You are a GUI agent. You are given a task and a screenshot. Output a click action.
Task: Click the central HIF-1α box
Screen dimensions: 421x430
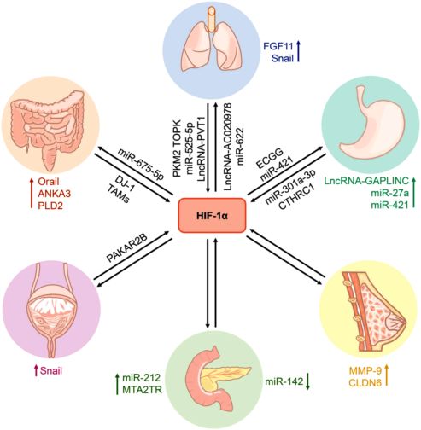(x=212, y=215)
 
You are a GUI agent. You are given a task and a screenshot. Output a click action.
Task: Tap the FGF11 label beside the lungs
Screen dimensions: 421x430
(x=278, y=46)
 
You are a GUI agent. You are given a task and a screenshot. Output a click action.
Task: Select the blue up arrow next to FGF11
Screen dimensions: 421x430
(x=298, y=51)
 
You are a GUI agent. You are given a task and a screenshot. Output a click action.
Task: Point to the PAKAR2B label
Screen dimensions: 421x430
(x=127, y=248)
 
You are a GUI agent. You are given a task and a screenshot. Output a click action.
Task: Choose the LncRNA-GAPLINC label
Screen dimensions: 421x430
(x=366, y=180)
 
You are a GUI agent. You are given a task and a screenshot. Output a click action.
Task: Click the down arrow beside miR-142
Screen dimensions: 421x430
(x=307, y=381)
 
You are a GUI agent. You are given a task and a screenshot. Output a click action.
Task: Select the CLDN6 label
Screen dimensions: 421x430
(x=365, y=383)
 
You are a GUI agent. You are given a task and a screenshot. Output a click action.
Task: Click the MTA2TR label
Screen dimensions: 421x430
(x=142, y=390)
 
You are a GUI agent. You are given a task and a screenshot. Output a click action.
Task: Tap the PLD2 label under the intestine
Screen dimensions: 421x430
(x=50, y=206)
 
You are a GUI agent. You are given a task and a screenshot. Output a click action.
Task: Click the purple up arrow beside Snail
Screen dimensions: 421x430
(x=36, y=370)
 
